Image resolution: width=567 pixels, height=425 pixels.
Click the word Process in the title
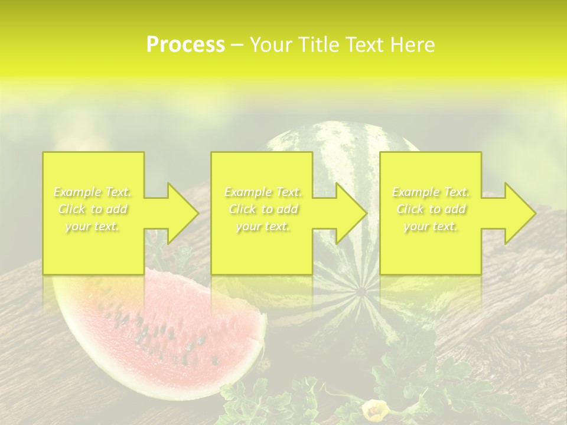point(185,45)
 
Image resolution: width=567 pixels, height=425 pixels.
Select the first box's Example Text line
point(93,192)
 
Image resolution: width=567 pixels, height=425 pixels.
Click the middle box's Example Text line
point(263,192)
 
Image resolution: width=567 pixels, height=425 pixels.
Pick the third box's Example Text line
point(431,192)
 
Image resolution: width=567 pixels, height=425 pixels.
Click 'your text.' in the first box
point(93,226)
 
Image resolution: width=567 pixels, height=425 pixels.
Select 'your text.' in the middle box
point(263,226)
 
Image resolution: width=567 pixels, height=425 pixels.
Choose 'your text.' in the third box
point(431,226)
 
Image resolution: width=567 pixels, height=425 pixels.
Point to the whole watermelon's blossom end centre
point(360,290)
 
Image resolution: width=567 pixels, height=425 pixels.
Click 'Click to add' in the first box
point(93,209)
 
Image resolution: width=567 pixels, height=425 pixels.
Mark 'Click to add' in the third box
point(431,209)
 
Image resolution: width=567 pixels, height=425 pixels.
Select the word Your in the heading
point(272,45)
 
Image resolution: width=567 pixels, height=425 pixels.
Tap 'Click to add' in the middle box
point(263,209)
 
